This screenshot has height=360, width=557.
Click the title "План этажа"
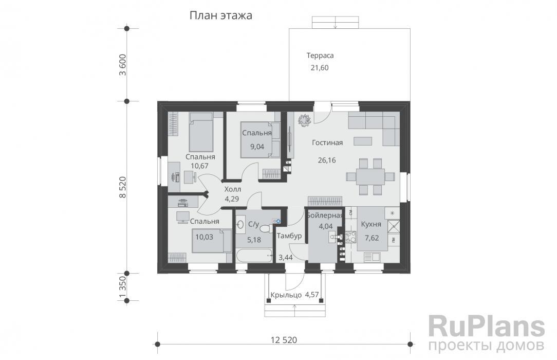coord(220,15)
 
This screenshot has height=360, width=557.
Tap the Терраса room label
coord(320,56)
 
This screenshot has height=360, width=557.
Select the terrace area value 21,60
coord(320,67)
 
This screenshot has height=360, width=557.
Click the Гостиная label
coord(327,142)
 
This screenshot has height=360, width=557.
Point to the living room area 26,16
coord(327,160)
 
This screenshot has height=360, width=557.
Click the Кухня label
coord(371,224)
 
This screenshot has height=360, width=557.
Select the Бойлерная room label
coord(324,215)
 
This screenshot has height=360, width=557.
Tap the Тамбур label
coord(289,236)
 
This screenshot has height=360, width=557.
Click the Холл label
coord(233,189)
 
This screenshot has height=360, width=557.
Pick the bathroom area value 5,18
coord(254,240)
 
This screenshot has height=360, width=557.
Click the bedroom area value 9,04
coord(257,147)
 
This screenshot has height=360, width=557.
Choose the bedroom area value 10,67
coord(200,166)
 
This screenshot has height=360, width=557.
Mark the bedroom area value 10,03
coord(205,237)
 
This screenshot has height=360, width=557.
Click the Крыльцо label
coord(286,295)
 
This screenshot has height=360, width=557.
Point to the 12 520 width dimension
coord(284,340)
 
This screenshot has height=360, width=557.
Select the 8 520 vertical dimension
coord(123,187)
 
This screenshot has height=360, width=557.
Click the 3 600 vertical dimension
coord(123,65)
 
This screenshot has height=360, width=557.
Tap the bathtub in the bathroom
coord(254,256)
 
